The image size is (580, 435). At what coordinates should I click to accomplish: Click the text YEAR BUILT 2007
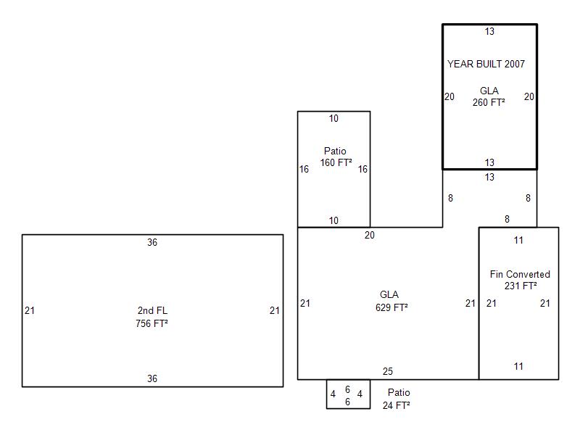pos(486,64)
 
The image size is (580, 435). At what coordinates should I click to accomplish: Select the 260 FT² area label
pos(489,102)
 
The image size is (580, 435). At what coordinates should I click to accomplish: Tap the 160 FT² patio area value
pos(336,162)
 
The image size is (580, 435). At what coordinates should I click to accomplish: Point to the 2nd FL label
pos(152,310)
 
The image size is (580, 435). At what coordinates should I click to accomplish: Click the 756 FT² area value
pos(152,323)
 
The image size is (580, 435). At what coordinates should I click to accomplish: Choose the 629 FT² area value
pos(391,307)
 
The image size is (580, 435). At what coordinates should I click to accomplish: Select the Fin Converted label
pos(520,274)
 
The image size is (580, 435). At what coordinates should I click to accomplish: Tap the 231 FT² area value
pos(521,286)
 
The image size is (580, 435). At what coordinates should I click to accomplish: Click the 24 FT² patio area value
pos(396,405)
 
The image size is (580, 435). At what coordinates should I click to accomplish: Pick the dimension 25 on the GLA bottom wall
pos(388,371)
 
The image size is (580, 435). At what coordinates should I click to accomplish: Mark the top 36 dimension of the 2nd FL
pos(152,242)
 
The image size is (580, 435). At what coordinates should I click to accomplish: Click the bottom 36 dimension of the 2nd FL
pos(152,378)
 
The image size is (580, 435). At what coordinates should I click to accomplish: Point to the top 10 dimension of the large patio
pos(333,118)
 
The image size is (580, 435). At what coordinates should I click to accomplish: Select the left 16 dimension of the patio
pos(304,169)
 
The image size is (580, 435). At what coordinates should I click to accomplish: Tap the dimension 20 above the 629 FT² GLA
pos(370,235)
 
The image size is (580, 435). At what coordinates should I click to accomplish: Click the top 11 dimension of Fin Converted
pos(518,240)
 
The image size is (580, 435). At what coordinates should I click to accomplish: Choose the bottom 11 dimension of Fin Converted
pos(518,366)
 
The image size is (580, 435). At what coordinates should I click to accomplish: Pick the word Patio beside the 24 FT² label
pos(399,392)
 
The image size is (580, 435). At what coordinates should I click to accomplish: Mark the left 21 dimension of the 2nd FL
pos(30,310)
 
